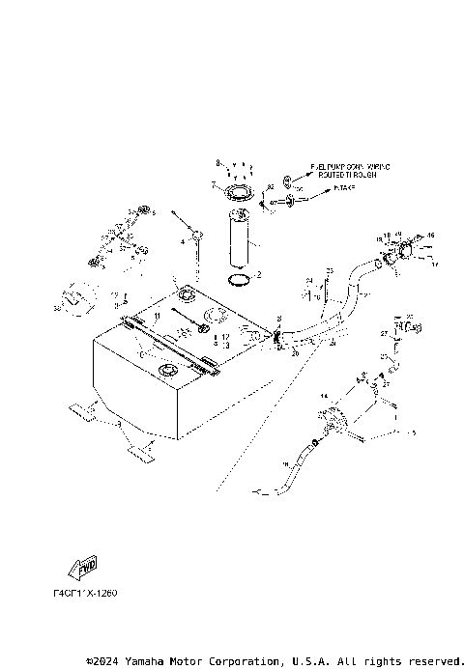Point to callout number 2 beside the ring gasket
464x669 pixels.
pos(258,275)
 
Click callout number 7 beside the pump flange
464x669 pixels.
pos(213,183)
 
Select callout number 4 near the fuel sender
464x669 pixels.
pos(181,240)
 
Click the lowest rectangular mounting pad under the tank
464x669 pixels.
pos(137,448)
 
